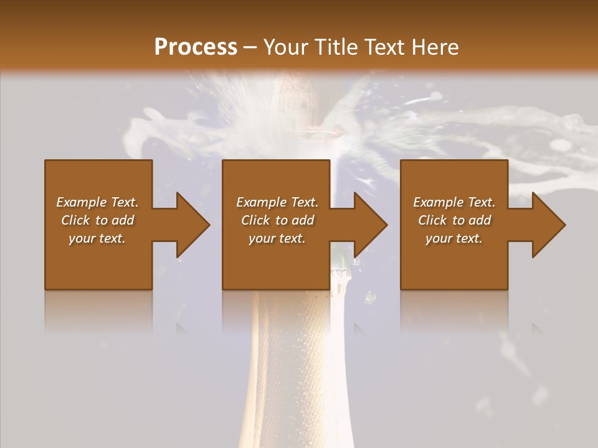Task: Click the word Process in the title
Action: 196,47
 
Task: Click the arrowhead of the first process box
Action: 189,225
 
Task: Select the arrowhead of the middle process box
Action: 367,225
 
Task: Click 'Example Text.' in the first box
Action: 97,202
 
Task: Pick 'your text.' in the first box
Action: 97,238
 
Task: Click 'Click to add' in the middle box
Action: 277,220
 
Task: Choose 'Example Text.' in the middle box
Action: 277,202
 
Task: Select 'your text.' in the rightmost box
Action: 454,238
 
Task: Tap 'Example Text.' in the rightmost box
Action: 454,202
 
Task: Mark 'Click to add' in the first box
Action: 97,220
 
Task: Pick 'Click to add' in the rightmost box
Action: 454,220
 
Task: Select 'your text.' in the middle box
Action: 277,238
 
